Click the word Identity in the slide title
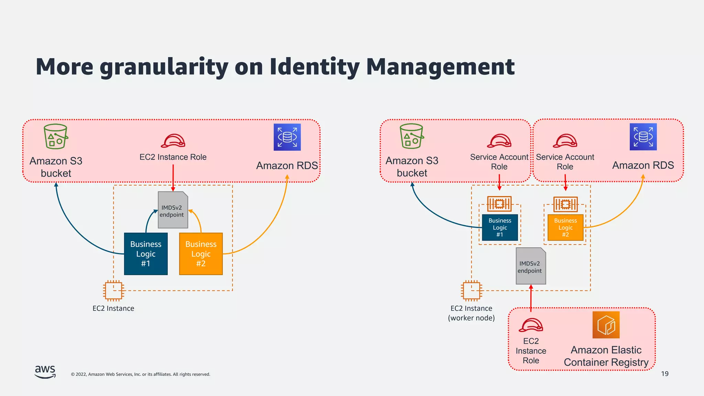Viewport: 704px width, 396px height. click(x=314, y=67)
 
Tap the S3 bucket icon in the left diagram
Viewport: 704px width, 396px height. click(x=56, y=136)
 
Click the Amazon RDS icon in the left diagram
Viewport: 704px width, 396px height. click(x=287, y=137)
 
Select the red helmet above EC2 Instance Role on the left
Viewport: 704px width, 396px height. click(x=173, y=141)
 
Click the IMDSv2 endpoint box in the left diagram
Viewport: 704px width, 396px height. click(x=173, y=210)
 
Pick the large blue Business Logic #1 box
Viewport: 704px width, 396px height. click(x=146, y=254)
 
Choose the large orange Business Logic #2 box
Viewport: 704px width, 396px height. click(x=201, y=254)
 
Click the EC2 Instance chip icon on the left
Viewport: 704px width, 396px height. click(x=113, y=290)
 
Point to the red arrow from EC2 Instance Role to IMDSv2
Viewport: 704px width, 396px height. click(x=173, y=177)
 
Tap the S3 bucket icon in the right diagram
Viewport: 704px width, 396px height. click(x=411, y=136)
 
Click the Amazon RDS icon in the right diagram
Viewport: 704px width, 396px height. click(x=643, y=137)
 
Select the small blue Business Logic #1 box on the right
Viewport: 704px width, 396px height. click(x=500, y=227)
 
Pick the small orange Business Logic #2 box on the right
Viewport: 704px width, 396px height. click(x=565, y=227)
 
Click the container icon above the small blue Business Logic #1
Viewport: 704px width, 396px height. click(x=499, y=204)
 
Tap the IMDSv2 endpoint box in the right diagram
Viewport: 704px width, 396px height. click(x=530, y=266)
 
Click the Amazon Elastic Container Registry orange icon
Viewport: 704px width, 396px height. click(x=606, y=325)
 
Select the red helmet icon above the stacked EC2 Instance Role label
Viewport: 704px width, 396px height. click(x=531, y=325)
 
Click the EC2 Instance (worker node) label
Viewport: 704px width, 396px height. click(x=471, y=313)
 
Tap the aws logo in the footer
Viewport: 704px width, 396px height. click(x=45, y=372)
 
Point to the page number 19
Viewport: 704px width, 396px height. click(x=664, y=374)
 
